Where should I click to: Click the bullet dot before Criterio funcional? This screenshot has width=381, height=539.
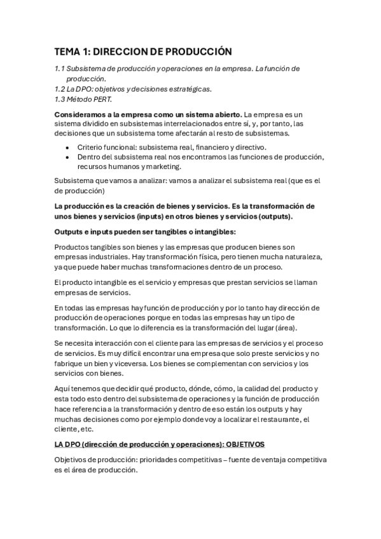click(x=68, y=147)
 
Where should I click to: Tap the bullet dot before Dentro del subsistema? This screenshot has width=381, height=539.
click(x=68, y=158)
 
